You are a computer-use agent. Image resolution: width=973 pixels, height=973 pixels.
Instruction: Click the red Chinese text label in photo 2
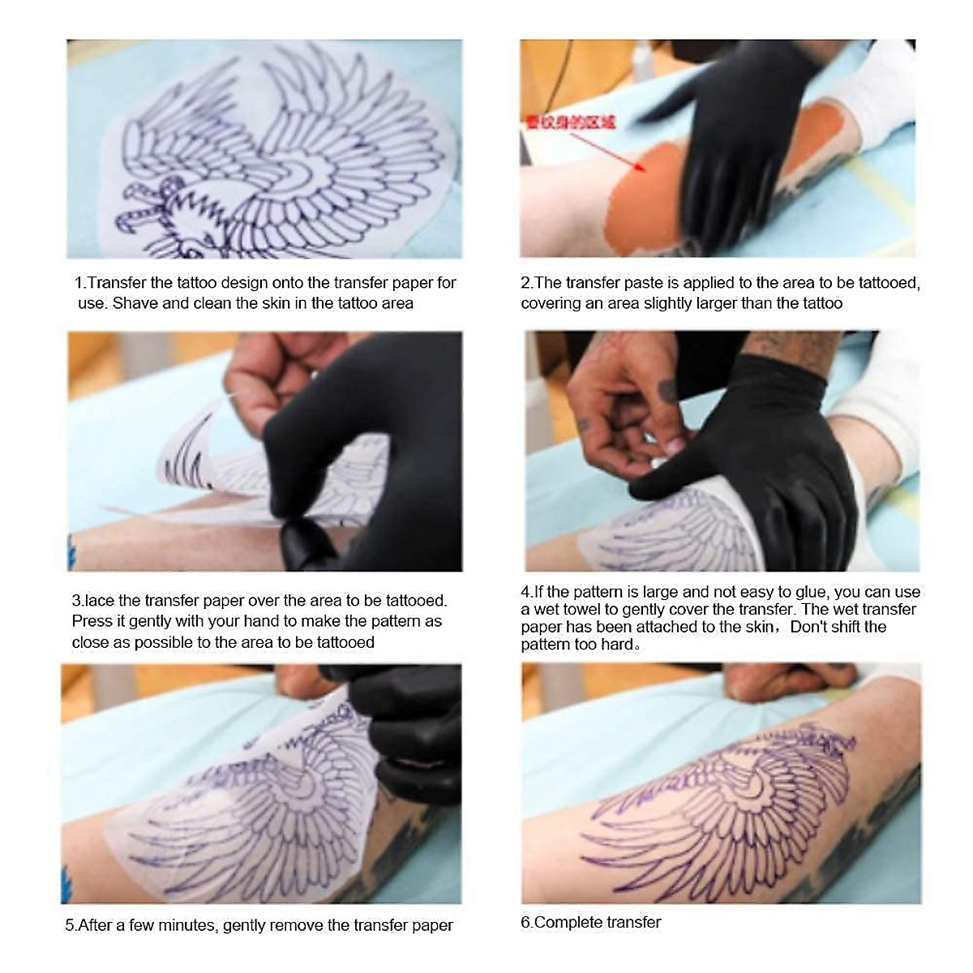(570, 122)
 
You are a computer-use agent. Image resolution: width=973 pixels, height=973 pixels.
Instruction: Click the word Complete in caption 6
(567, 922)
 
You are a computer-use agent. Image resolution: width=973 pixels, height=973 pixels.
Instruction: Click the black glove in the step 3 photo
(365, 454)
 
